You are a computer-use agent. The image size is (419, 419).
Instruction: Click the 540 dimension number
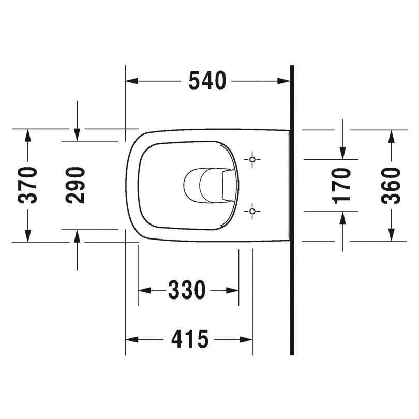pos(207,81)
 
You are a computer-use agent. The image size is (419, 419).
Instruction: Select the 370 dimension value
pos(29,185)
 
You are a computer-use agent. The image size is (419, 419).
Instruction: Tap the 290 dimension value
pos(76,185)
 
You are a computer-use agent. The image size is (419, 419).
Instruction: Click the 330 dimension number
pos(187,290)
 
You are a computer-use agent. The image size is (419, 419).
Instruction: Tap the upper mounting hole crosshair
pos(252,159)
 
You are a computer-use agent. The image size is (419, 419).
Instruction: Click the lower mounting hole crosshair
pos(252,211)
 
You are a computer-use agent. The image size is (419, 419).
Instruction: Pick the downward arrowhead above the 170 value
pos(342,153)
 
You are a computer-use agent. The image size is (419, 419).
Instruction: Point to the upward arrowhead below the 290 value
pos(77,236)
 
